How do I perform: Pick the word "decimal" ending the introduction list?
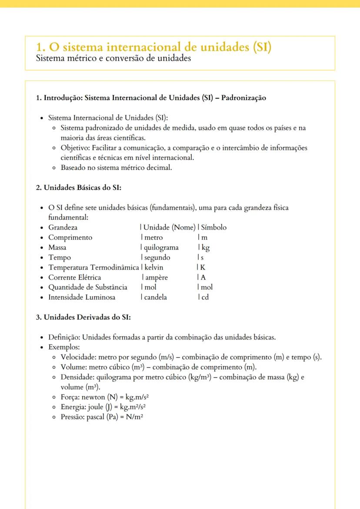(x=160, y=167)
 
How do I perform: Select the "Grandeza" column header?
(x=63, y=227)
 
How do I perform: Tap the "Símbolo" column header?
(x=213, y=227)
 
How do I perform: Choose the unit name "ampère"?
(x=156, y=277)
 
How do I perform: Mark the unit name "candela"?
(x=155, y=297)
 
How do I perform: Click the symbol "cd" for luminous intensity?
(x=204, y=297)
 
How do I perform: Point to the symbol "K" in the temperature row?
(x=203, y=267)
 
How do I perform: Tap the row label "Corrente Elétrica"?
(x=74, y=277)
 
